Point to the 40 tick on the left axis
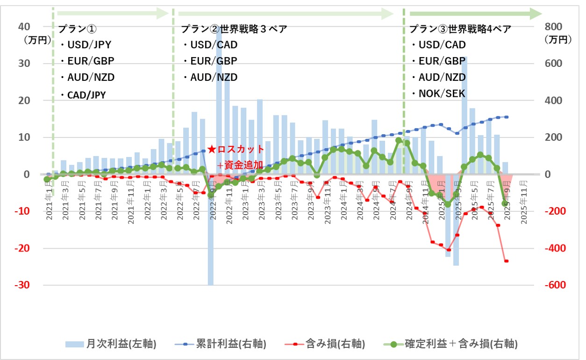click(x=24, y=26)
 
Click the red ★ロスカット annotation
click(x=236, y=150)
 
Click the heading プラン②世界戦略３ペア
click(x=234, y=29)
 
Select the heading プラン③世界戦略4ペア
click(x=460, y=29)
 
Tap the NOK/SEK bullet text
click(x=442, y=94)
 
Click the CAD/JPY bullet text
click(x=86, y=95)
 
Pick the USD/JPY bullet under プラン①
click(x=89, y=45)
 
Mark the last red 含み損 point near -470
click(x=506, y=261)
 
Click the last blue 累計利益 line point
click(x=507, y=117)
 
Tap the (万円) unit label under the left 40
click(x=37, y=40)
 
